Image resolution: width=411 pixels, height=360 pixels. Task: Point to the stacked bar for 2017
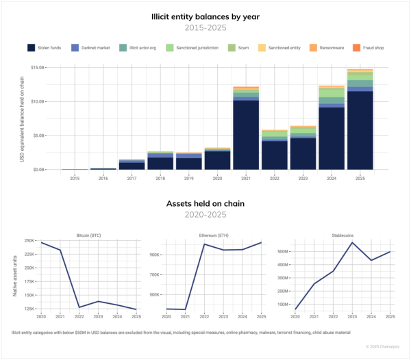point(132,164)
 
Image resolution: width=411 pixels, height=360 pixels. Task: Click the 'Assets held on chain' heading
point(205,204)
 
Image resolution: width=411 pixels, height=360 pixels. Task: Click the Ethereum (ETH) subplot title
point(214,235)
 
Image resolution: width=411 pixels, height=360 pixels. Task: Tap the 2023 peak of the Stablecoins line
point(351,243)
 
